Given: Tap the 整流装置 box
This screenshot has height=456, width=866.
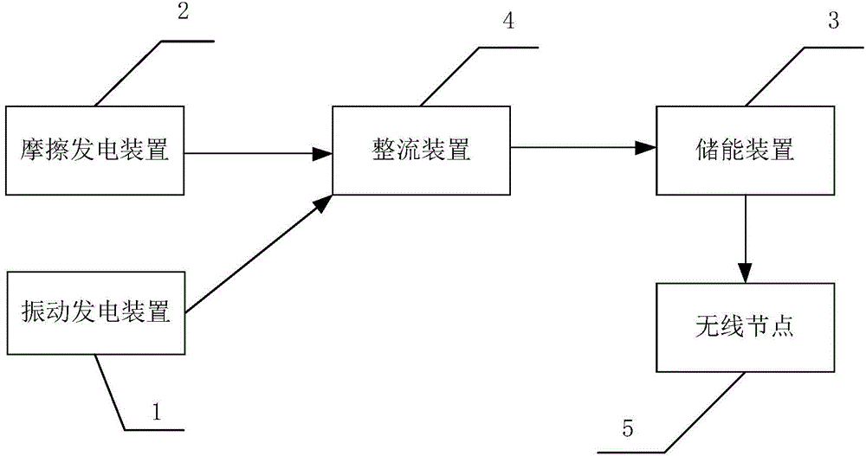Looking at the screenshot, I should click(x=422, y=151).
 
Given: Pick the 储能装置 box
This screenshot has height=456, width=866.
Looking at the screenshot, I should click(x=746, y=151).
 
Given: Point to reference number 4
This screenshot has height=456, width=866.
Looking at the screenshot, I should click(x=508, y=22).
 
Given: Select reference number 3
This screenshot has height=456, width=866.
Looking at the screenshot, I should click(x=833, y=22).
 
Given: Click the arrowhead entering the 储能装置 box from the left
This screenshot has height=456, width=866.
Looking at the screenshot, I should click(x=646, y=148).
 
